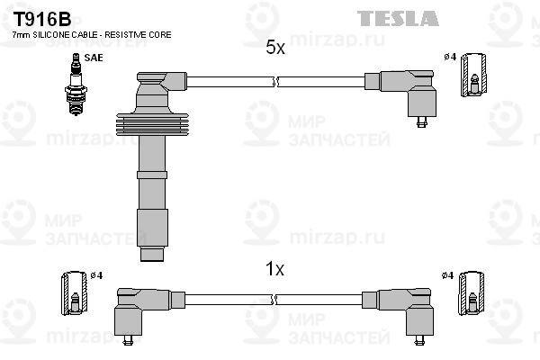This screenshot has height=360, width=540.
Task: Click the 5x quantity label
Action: (x=275, y=49)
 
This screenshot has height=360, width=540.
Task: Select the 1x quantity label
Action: (x=275, y=268)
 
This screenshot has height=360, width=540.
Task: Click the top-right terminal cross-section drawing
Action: (x=474, y=74)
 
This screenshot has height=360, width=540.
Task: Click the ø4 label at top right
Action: (x=449, y=58)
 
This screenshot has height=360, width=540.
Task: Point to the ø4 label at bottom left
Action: (x=96, y=274)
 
